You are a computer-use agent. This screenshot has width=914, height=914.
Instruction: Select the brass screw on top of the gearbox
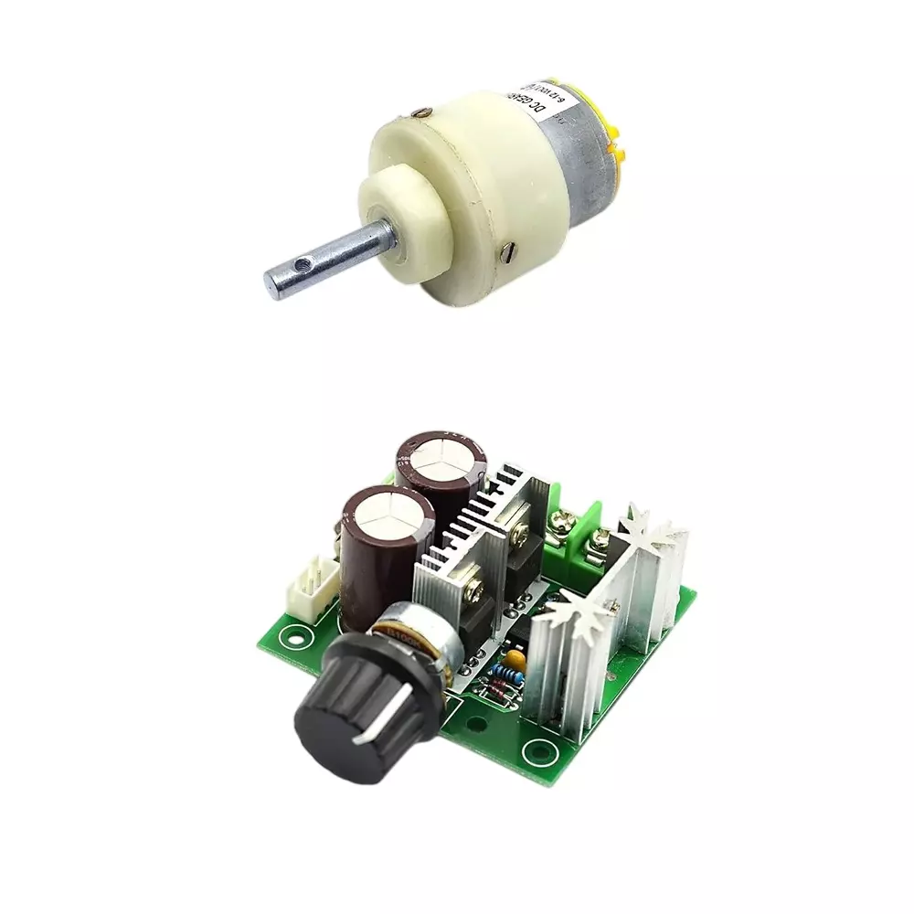420,113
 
